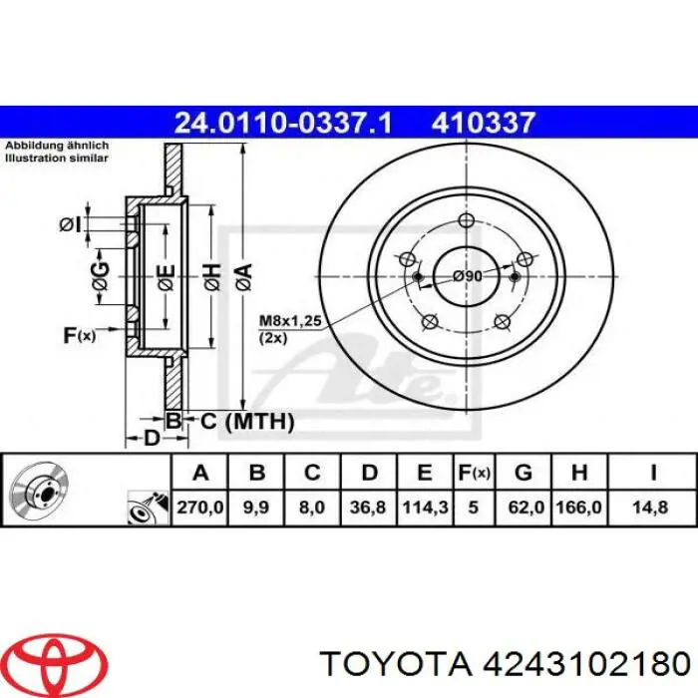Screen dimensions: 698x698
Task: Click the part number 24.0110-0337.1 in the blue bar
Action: click(x=283, y=123)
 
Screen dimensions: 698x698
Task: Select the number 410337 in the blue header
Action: click(x=484, y=123)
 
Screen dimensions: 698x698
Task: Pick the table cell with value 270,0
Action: click(x=199, y=508)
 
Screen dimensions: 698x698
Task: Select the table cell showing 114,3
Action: click(x=424, y=508)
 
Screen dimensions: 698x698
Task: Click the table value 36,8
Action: click(x=369, y=508)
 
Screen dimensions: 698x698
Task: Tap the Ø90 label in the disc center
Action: click(x=467, y=276)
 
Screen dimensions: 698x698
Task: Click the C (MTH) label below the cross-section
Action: click(x=246, y=422)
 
